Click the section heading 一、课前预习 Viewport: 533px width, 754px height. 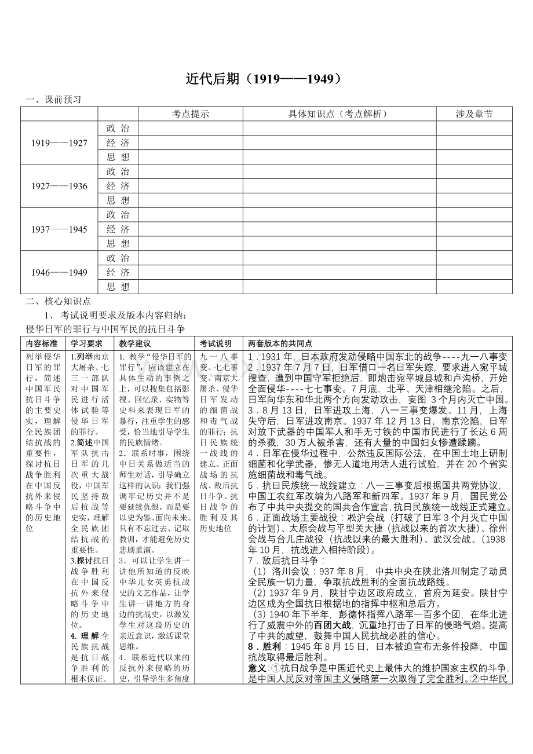53,100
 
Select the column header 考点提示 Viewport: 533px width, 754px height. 190,114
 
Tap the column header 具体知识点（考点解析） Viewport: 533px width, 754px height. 339,114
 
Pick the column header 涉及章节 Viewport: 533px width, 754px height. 474,114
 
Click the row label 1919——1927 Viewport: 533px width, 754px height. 59,143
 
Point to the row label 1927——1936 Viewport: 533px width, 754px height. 59,186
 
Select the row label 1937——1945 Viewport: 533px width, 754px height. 59,229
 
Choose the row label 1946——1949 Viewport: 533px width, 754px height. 59,272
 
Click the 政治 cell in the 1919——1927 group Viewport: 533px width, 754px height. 118,129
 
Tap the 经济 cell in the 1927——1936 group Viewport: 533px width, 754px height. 118,186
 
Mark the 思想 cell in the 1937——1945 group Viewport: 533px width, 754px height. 118,243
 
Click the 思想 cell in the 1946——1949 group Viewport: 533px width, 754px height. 118,287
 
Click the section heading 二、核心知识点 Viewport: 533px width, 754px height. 58,301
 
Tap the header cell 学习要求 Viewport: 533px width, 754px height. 86,343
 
